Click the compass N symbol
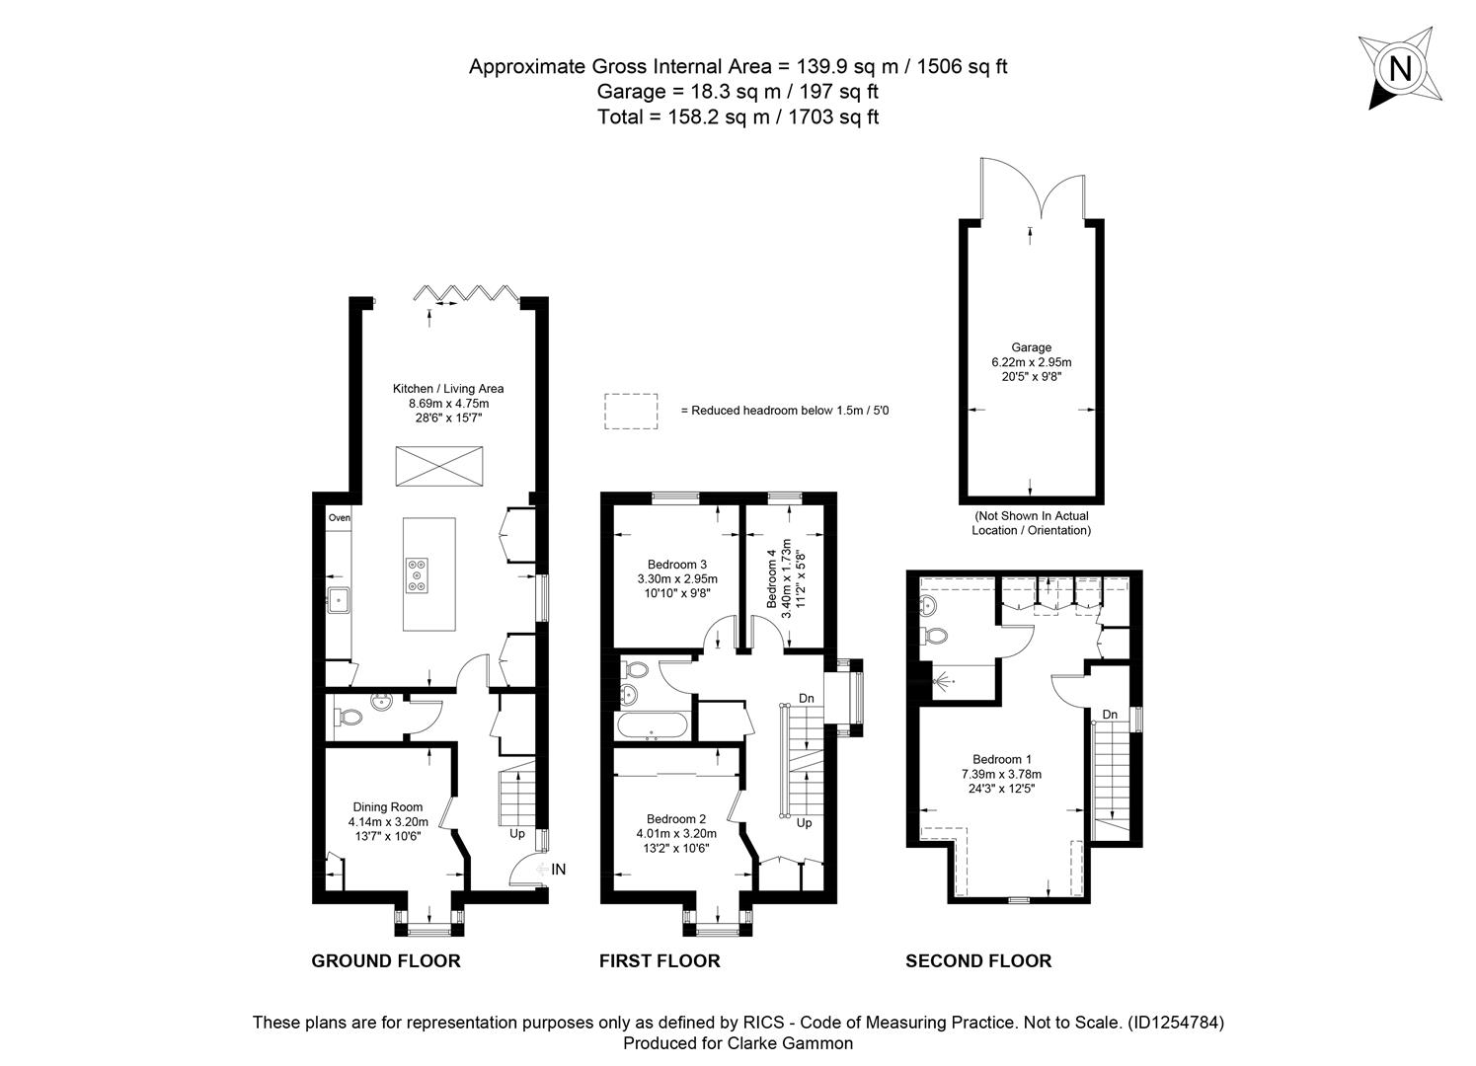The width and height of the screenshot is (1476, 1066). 1400,68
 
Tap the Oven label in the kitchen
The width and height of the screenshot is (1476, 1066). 340,517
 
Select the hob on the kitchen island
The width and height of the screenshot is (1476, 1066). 417,575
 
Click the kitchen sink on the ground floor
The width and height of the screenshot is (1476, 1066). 340,600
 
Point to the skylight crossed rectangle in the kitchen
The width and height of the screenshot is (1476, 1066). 438,466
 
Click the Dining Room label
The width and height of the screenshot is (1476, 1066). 388,806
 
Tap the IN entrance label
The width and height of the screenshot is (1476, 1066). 558,869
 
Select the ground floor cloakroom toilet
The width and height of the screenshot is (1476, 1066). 348,717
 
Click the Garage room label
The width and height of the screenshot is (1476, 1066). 1031,347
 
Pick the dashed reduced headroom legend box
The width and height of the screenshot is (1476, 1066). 631,412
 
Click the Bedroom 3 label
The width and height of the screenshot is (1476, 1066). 676,564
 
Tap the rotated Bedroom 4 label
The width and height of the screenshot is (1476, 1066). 772,578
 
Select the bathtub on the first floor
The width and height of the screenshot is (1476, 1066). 653,725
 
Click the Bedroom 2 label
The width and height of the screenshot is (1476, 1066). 676,819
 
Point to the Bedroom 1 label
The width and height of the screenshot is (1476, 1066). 1001,759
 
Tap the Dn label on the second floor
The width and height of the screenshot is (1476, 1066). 1110,715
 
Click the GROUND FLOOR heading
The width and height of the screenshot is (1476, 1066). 385,961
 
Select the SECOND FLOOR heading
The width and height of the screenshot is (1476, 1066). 978,961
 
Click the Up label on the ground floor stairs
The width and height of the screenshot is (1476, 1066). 517,833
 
